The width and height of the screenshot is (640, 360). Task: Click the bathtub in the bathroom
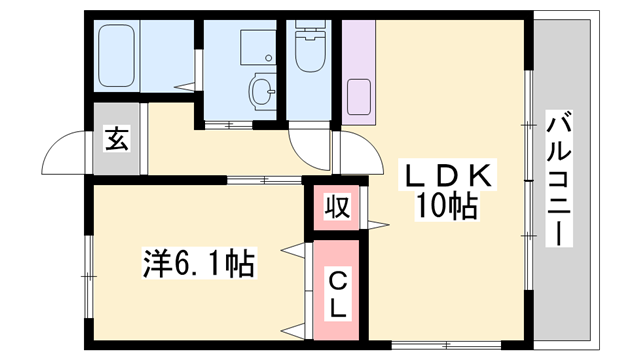(x=117, y=56)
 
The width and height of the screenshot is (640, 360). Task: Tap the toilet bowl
(x=310, y=55)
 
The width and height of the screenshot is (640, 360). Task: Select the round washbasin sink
(x=261, y=92)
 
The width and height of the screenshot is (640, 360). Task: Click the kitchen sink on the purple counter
(x=359, y=97)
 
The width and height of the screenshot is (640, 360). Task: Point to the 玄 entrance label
(x=117, y=139)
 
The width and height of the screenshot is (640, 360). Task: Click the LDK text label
(x=447, y=176)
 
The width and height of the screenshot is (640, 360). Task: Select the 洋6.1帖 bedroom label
(x=199, y=263)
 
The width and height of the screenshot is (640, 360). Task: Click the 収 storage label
(x=337, y=207)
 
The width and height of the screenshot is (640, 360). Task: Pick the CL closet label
(x=337, y=296)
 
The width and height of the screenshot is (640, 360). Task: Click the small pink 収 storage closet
(x=337, y=207)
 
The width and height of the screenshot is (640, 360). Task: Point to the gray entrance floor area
(x=117, y=139)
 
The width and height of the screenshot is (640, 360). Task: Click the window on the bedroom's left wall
(x=89, y=276)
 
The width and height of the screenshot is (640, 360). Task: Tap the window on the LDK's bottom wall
(x=447, y=345)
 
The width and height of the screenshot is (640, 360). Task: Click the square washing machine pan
(x=258, y=47)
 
